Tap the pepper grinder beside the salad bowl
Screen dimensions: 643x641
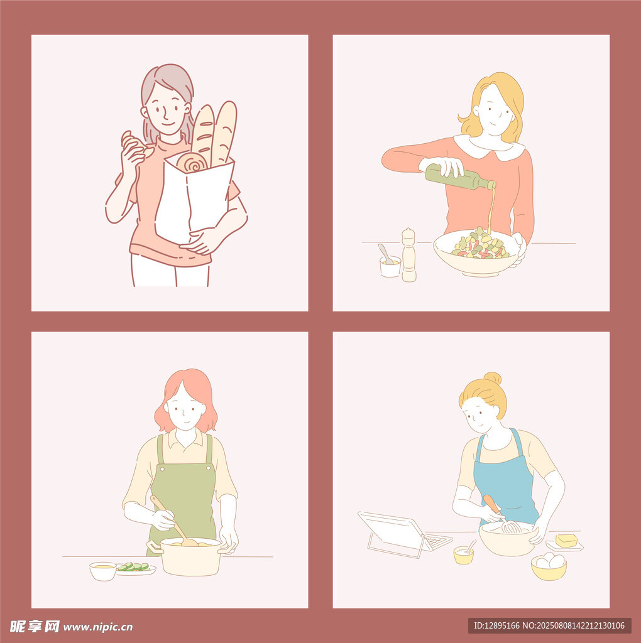[408, 256]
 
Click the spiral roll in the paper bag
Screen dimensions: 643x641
[191, 163]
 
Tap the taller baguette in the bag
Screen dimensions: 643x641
[224, 132]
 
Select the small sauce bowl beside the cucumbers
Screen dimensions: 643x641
[103, 571]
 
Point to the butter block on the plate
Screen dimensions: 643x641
[566, 540]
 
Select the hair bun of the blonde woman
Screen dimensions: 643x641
[493, 379]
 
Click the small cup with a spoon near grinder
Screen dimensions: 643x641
[390, 266]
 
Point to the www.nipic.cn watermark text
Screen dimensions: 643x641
[98, 626]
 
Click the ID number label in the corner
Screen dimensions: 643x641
[549, 625]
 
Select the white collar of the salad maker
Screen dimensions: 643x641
[490, 149]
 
